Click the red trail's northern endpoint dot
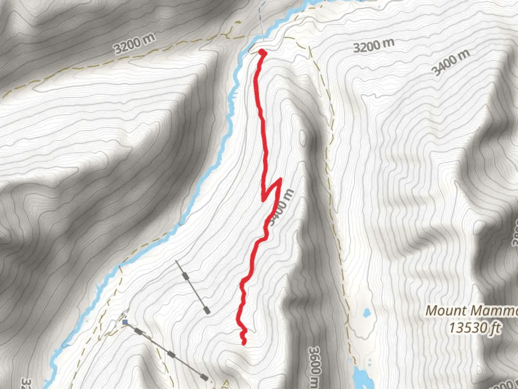point(262,53)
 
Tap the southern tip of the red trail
point(244,343)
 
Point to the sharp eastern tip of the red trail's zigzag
point(280,179)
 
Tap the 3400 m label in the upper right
point(451,62)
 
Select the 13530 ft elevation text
point(474,328)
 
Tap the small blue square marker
point(125,322)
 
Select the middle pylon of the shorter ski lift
point(186,276)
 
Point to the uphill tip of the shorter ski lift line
point(176,260)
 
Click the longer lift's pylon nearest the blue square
point(138,331)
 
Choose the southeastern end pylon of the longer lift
point(204,377)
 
